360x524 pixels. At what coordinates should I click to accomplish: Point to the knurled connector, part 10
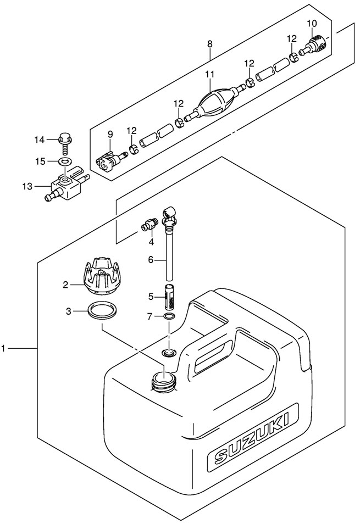point(317,44)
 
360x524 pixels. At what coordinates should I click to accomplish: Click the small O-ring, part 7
point(169,317)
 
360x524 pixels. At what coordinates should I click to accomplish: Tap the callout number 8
point(209,43)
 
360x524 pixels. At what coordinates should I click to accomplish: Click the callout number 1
point(4,348)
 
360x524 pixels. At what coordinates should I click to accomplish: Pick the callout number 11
point(209,74)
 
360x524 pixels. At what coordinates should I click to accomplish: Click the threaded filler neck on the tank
point(163,380)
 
